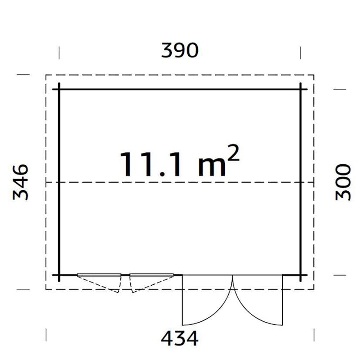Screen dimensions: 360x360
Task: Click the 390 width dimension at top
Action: point(180,51)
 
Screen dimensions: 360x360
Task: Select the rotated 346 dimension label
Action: point(21,182)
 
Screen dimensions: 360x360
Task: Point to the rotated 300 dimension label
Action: point(343,182)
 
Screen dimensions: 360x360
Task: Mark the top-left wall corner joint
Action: point(59,90)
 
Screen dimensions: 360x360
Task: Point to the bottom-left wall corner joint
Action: point(59,275)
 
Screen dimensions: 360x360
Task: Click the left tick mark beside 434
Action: point(46,335)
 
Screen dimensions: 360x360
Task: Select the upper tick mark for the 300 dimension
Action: point(339,90)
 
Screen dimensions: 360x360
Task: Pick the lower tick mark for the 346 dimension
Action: point(23,289)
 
